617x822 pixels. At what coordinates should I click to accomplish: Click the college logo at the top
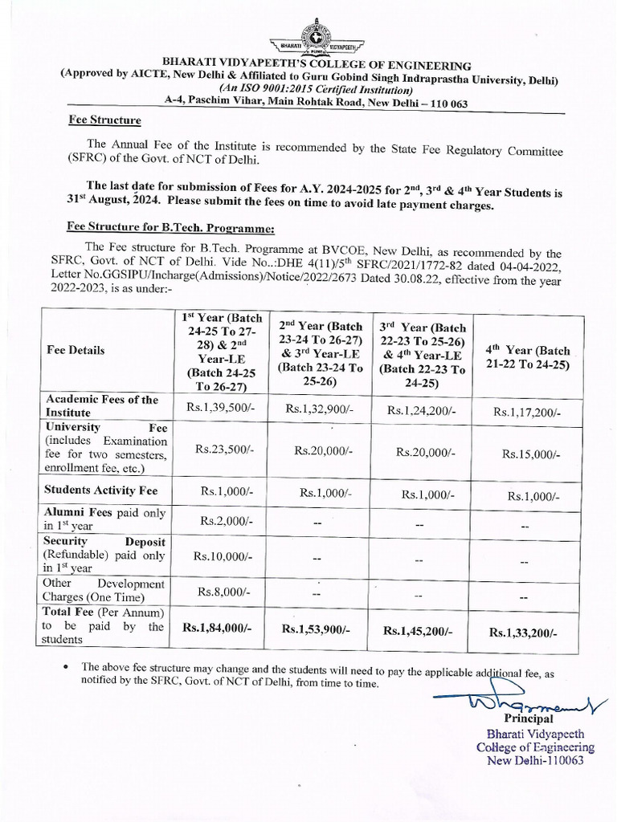[x=319, y=36]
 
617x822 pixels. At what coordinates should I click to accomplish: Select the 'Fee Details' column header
[x=76, y=350]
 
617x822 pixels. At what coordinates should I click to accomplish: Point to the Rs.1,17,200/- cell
[x=527, y=412]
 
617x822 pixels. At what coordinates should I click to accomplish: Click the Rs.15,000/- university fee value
[x=531, y=454]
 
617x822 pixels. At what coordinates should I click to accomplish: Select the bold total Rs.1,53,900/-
[x=316, y=629]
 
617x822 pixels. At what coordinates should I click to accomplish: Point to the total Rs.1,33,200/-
[x=524, y=633]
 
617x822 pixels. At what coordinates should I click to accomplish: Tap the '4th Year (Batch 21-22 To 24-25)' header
[x=526, y=357]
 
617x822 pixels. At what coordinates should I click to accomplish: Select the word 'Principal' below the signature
[x=528, y=718]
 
